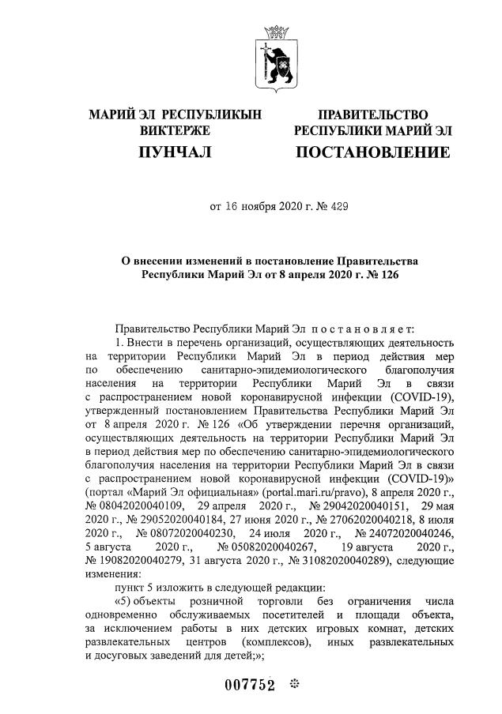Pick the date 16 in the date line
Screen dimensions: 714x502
point(231,207)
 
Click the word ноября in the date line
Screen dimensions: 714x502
point(256,207)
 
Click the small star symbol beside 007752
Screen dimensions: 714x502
point(295,684)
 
